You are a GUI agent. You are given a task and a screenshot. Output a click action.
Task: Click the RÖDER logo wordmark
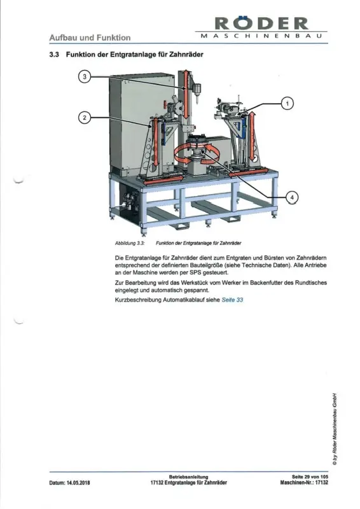pos(261,23)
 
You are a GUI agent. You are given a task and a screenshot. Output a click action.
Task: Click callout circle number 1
pos(287,104)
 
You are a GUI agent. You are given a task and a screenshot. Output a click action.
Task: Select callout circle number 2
pos(85,117)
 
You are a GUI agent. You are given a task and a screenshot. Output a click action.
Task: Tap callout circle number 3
pos(85,76)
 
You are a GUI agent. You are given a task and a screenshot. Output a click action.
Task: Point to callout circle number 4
pos(292,197)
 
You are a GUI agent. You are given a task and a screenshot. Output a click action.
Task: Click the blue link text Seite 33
pos(232,300)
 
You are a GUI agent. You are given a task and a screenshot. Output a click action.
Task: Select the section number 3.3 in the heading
pos(54,55)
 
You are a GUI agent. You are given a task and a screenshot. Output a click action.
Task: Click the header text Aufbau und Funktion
pos(90,38)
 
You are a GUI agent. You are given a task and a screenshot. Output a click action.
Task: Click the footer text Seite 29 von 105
pos(310,477)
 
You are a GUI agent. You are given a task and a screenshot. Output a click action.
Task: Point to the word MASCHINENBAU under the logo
pos(261,36)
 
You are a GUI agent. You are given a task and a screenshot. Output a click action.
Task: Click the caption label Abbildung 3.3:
pos(130,243)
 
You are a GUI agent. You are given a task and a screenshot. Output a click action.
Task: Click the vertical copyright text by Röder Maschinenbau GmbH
pos(335,429)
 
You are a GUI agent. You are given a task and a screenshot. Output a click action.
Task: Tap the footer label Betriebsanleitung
pos(188,477)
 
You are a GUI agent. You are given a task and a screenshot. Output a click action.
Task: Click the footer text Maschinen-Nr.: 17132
pos(304,483)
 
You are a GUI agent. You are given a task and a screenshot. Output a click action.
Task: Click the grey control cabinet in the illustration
pos(139,123)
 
